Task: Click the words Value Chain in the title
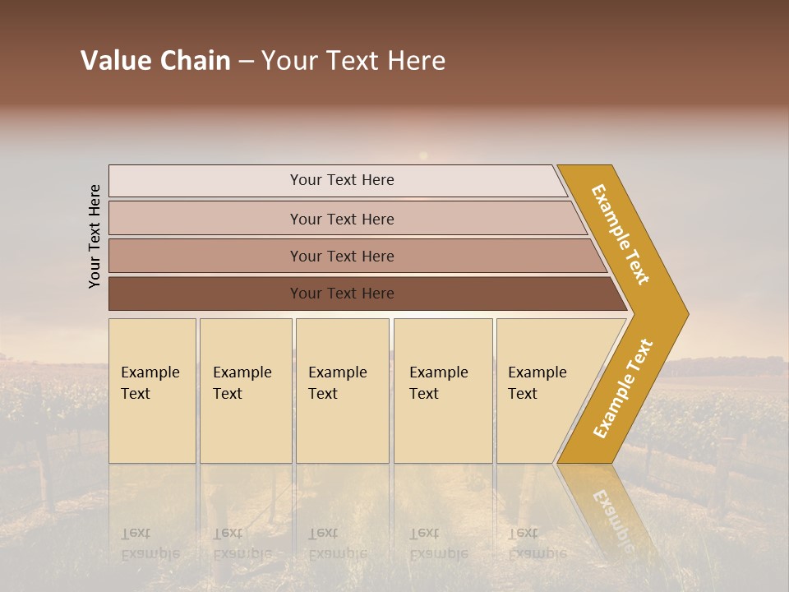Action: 155,61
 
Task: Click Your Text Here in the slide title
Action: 353,61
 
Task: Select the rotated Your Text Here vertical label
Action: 95,237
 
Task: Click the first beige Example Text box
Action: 152,391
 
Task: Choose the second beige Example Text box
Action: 246,391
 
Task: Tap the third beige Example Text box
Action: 342,391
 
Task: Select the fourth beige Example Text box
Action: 443,391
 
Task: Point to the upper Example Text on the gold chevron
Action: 621,234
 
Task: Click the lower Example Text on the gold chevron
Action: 623,389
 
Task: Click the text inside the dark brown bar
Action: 342,294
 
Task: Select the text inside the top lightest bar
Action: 342,180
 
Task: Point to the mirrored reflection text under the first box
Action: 150,543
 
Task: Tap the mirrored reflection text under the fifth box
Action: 537,543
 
